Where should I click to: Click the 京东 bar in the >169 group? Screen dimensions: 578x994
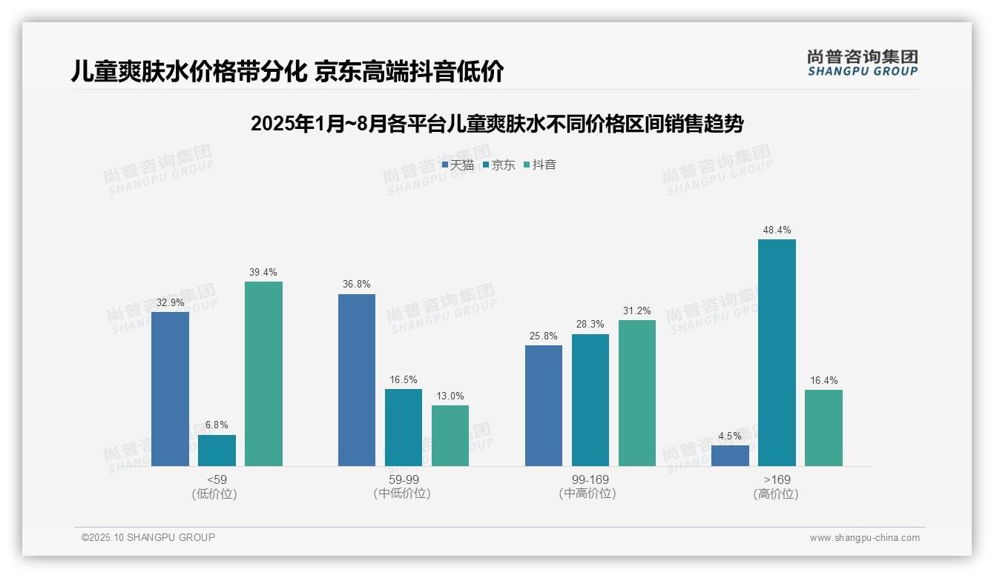pyautogui.click(x=777, y=353)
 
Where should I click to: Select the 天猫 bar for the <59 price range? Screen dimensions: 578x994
pyautogui.click(x=170, y=389)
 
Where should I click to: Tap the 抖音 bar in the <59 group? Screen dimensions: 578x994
pyautogui.click(x=263, y=373)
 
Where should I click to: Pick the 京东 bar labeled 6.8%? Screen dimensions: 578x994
pyautogui.click(x=217, y=451)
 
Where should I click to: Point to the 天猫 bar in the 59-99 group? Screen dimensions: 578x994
pyautogui.click(x=357, y=380)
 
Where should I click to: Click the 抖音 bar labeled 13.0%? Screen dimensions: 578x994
pyautogui.click(x=450, y=436)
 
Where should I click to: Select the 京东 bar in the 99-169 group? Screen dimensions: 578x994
pyautogui.click(x=590, y=400)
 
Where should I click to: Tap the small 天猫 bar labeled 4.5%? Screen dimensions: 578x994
pyautogui.click(x=730, y=456)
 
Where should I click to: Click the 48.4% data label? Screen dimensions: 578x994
pyautogui.click(x=777, y=230)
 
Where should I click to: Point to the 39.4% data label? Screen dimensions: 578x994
pyautogui.click(x=263, y=273)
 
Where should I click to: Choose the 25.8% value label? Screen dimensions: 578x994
pyautogui.click(x=544, y=336)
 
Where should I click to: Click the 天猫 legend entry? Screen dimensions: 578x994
pyautogui.click(x=458, y=165)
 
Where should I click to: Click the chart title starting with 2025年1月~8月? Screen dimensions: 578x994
pyautogui.click(x=497, y=124)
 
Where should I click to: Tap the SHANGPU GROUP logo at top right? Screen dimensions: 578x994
pyautogui.click(x=862, y=63)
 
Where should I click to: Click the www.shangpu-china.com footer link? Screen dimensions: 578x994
pyautogui.click(x=864, y=538)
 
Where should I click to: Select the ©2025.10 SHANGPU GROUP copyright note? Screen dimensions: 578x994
pyautogui.click(x=148, y=537)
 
